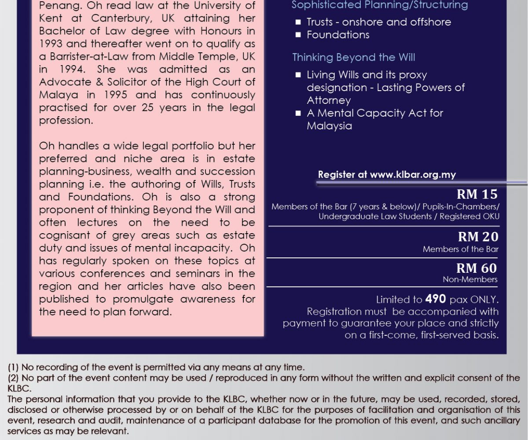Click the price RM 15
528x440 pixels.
[477, 194]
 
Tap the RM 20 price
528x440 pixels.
[478, 237]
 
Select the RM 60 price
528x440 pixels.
[477, 268]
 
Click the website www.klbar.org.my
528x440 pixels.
[413, 175]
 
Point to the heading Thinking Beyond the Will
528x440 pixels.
[354, 58]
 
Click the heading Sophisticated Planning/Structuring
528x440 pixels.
[380, 5]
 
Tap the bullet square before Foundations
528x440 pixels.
[298, 35]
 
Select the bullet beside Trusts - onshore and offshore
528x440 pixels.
[298, 22]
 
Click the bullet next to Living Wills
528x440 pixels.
[298, 75]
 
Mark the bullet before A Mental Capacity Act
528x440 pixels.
[298, 114]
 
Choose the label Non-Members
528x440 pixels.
[470, 279]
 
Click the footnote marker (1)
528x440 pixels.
[13, 367]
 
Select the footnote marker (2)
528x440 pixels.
[13, 378]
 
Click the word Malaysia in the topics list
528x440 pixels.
[329, 126]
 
